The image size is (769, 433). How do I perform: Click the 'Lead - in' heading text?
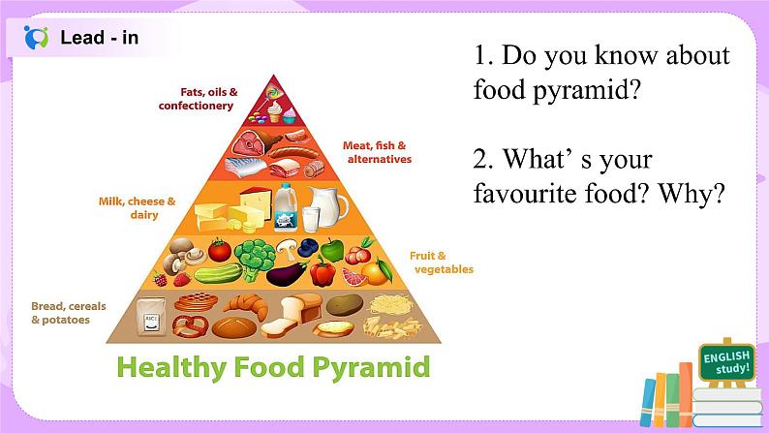(x=99, y=38)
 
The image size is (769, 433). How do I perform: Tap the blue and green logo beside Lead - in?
(x=36, y=37)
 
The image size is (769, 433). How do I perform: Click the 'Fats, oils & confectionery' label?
(x=198, y=99)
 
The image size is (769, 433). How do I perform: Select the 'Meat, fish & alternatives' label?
(x=377, y=152)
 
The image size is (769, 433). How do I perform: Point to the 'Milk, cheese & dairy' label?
(x=137, y=208)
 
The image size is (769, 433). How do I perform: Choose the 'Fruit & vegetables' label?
(x=442, y=263)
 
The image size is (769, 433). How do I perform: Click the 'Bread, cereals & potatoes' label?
(x=69, y=313)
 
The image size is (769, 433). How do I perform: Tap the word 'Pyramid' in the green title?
(x=371, y=367)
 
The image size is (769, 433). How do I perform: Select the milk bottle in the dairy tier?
(x=285, y=206)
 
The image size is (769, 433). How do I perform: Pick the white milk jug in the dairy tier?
(x=327, y=206)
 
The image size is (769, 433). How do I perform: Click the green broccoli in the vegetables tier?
(x=255, y=258)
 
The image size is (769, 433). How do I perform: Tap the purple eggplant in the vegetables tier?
(x=287, y=274)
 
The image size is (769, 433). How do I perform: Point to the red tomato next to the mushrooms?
(x=219, y=250)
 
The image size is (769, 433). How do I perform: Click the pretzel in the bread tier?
(x=190, y=326)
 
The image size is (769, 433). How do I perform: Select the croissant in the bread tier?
(x=248, y=305)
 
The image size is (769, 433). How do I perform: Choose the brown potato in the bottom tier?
(x=344, y=304)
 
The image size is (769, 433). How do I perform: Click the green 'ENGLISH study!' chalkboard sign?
(x=726, y=363)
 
